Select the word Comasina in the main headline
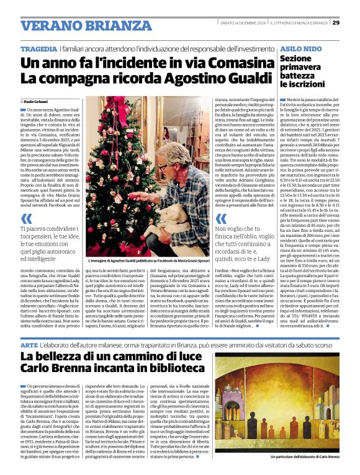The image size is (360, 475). (x=206, y=62)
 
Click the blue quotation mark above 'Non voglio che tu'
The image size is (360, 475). (x=220, y=219)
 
